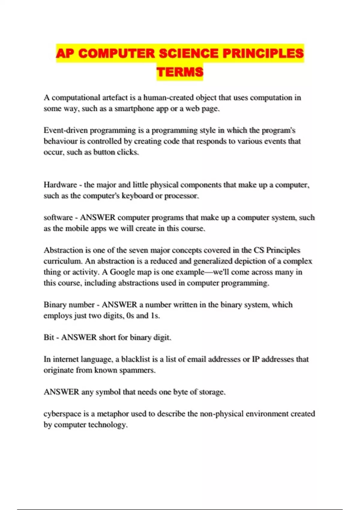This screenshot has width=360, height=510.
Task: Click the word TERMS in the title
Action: coord(180,72)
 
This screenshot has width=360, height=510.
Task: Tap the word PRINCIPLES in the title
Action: coord(263,53)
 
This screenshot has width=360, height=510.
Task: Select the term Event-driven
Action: coord(66,130)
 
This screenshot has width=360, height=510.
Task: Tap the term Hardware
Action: coord(60,185)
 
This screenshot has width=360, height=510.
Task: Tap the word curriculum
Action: coord(63,261)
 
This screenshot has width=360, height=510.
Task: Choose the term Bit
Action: coord(49,337)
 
